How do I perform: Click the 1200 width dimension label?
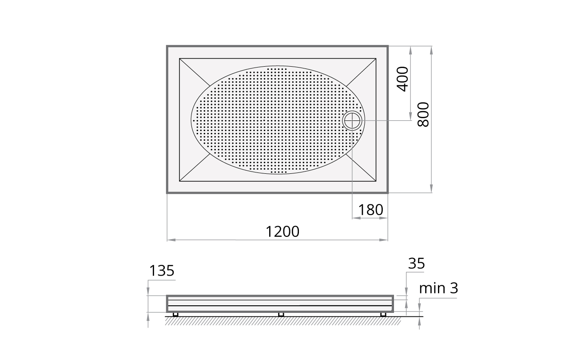coord(283,232)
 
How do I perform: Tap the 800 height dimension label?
coord(424,115)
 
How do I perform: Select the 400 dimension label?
coord(402,79)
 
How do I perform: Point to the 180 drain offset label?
coord(370,210)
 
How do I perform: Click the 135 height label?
coord(162,271)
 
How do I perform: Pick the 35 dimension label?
coord(416,264)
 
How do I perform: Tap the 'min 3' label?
coord(438,288)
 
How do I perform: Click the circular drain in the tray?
coord(353,120)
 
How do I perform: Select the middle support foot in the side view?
coord(281,315)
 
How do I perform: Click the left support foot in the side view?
coord(175,315)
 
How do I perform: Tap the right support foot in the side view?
coord(383,315)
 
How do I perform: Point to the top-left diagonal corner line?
coord(195,72)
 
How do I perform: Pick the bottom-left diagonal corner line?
coord(195,168)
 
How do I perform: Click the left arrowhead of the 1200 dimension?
coord(169,240)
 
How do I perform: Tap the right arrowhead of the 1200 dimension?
coord(386,240)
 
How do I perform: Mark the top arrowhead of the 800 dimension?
coord(431,48)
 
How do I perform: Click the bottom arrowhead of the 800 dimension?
coord(431,190)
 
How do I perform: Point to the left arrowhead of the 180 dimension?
coord(354,218)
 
